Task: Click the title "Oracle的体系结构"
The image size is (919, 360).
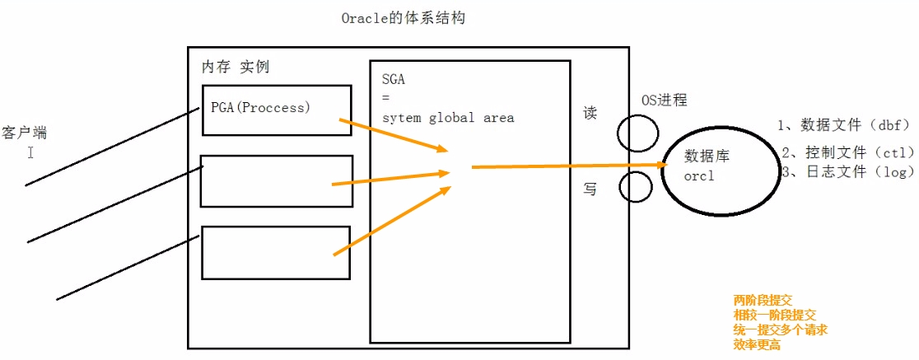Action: point(404,18)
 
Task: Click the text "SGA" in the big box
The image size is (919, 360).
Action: point(394,80)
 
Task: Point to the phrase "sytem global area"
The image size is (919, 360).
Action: point(448,118)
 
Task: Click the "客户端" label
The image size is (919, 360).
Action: point(26,132)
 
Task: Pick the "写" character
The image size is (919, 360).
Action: point(590,189)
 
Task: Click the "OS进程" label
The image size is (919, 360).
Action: point(664,101)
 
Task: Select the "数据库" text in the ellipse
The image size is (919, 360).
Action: point(707,157)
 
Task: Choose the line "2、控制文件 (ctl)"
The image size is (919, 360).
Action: point(847,152)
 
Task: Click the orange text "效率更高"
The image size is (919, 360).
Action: point(757,345)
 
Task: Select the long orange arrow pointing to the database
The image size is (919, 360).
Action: point(568,166)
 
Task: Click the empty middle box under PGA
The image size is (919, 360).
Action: point(276,180)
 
